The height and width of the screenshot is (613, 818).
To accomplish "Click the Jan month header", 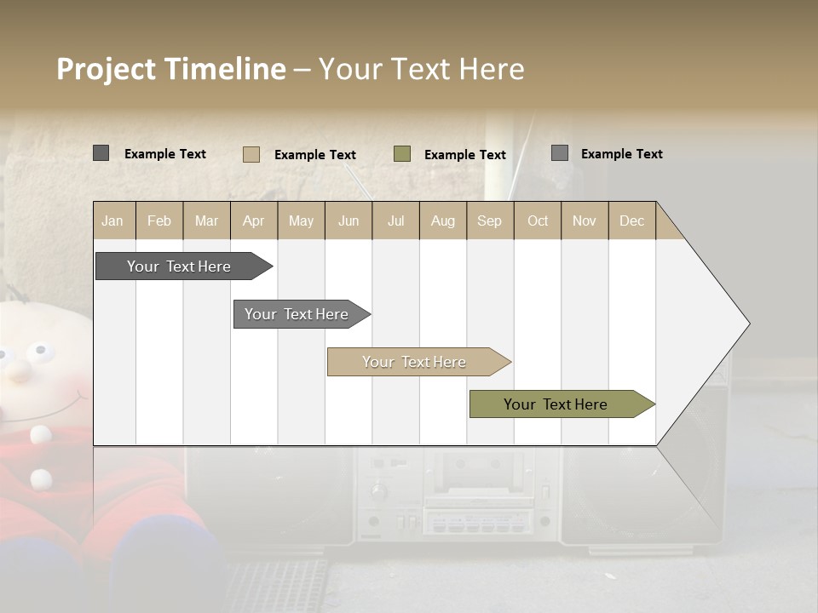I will point(113,221).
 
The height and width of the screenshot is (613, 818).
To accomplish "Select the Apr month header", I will point(254,221).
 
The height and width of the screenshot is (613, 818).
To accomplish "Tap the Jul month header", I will point(395,221).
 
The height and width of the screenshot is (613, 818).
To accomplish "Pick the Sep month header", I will point(490,221).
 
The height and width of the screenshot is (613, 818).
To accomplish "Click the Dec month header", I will point(631,221).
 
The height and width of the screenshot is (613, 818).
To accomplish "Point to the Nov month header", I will point(585,221).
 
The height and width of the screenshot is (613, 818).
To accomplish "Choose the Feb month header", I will point(159,221).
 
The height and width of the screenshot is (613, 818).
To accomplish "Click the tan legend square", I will point(251,154).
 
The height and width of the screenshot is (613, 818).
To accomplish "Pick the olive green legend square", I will point(402,154).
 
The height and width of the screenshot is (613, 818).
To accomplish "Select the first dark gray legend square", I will point(101,153).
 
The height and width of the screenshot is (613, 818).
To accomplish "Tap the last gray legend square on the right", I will point(559,153).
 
